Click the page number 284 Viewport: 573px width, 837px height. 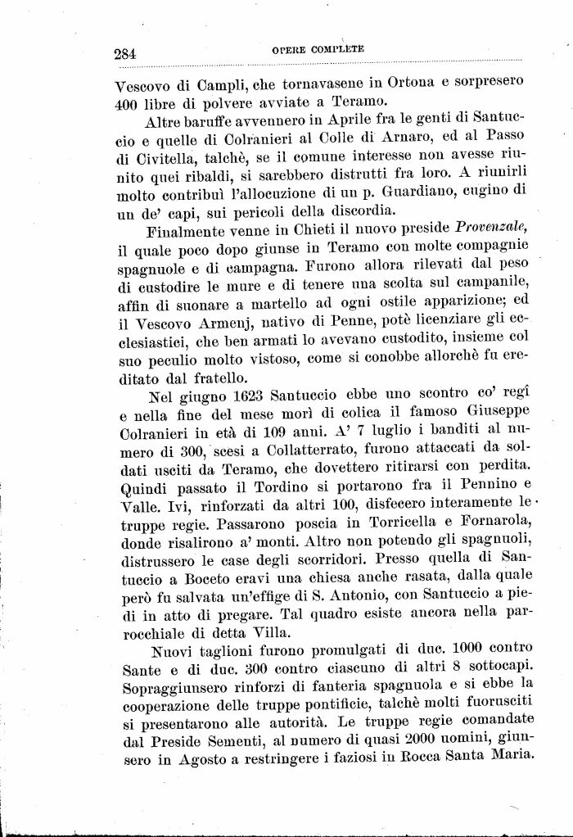(x=125, y=54)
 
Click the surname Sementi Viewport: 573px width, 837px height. (x=228, y=741)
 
